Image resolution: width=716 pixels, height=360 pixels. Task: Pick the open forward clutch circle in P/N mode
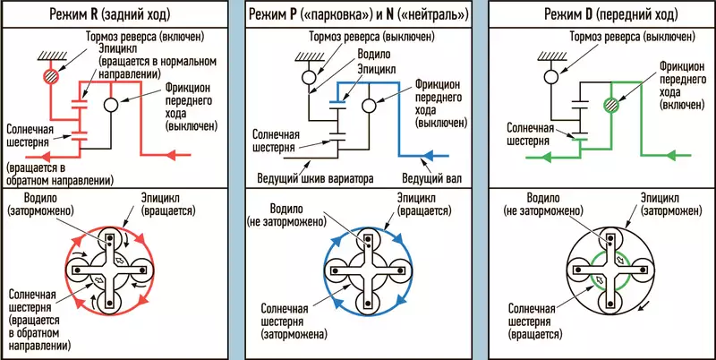(366, 106)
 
